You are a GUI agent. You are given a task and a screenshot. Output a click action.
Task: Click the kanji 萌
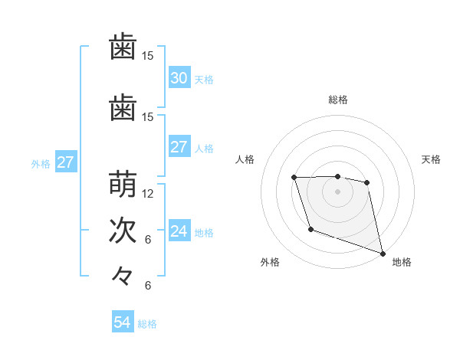pyautogui.click(x=123, y=185)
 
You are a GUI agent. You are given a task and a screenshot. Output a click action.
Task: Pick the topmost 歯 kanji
pyautogui.click(x=123, y=47)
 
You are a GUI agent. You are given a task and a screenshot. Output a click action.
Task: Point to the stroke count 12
pyautogui.click(x=149, y=194)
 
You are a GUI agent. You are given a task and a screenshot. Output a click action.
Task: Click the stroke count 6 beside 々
pyautogui.click(x=149, y=286)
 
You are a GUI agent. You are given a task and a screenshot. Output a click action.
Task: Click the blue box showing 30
pyautogui.click(x=179, y=78)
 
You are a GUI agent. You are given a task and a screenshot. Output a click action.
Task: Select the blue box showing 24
pyautogui.click(x=179, y=232)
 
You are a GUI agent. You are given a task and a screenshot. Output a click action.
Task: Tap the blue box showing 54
pyautogui.click(x=122, y=323)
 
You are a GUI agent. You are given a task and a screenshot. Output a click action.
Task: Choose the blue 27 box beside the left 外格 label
pyautogui.click(x=65, y=162)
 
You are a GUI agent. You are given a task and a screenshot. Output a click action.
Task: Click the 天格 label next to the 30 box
pyautogui.click(x=204, y=80)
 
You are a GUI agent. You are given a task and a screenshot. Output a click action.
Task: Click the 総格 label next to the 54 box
pyautogui.click(x=147, y=324)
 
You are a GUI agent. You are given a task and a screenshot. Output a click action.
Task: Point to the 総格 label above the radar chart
pyautogui.click(x=337, y=100)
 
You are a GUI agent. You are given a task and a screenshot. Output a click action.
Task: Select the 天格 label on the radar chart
pyautogui.click(x=432, y=159)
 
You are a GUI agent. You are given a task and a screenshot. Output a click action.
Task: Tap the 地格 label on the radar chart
pyautogui.click(x=402, y=263)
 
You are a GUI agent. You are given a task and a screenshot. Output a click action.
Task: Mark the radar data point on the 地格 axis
pyautogui.click(x=383, y=254)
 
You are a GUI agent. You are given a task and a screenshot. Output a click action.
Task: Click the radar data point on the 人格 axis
pyautogui.click(x=294, y=178)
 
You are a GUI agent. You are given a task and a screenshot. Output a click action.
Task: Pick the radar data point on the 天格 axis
pyautogui.click(x=367, y=182)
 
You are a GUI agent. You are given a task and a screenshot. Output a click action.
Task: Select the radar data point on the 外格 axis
pyautogui.click(x=310, y=229)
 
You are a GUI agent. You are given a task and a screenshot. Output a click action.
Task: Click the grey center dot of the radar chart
pyautogui.click(x=337, y=191)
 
